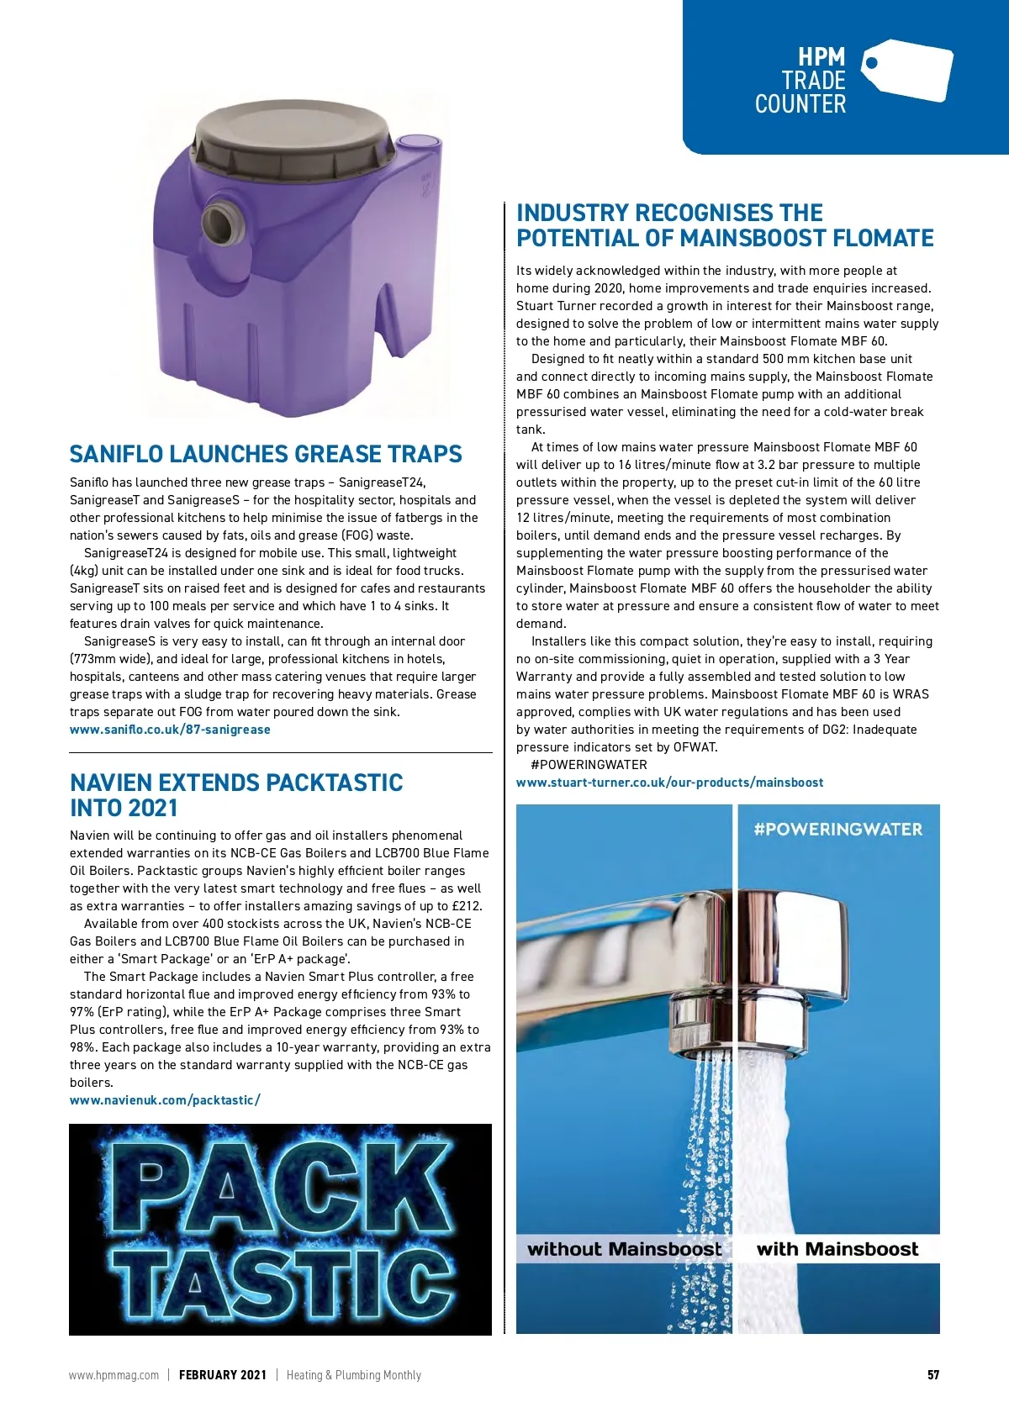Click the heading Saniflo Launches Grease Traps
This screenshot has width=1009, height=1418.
coord(266,455)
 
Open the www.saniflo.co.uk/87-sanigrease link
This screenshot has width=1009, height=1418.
coord(170,730)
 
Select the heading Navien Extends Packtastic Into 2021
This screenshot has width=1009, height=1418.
coord(236,795)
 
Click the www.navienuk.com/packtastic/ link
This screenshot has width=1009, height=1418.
coord(165,1100)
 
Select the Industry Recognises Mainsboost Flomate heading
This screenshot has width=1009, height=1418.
coord(725,225)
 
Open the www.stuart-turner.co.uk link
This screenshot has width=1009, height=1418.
coord(669,783)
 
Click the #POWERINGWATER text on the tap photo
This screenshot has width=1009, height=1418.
coord(837,830)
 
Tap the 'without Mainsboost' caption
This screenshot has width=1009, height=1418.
coord(624,1249)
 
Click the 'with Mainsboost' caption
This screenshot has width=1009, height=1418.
coord(837,1249)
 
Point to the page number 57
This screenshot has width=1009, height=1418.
coord(933,1375)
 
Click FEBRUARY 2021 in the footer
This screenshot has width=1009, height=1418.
coord(223,1375)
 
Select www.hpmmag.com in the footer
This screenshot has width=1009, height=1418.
coord(114,1375)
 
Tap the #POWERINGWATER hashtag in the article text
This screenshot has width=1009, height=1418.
coord(589,765)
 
